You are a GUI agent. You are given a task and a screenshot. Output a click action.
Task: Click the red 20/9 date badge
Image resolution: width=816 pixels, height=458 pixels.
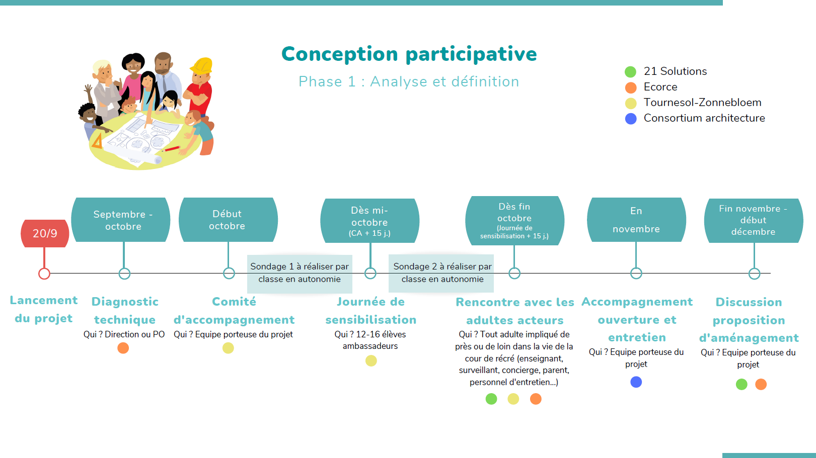(x=45, y=233)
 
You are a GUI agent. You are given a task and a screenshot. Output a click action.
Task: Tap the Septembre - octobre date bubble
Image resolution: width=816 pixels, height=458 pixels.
(x=121, y=220)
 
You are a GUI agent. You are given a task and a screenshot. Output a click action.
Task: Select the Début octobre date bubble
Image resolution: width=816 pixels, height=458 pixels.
(x=228, y=220)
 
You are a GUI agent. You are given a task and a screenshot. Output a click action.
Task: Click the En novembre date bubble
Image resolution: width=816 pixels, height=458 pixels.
(x=636, y=220)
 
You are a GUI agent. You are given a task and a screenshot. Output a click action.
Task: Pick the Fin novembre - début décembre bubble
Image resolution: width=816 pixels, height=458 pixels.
(x=754, y=220)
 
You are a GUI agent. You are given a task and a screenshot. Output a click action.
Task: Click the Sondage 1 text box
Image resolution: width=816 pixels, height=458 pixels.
(x=300, y=273)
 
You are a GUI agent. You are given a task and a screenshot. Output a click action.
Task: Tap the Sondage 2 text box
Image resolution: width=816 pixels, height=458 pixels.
(x=441, y=273)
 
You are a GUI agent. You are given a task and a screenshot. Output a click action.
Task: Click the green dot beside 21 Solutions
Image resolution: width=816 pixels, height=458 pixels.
(x=631, y=72)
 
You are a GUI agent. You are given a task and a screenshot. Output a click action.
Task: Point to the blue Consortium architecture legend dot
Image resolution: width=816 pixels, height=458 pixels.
(x=631, y=119)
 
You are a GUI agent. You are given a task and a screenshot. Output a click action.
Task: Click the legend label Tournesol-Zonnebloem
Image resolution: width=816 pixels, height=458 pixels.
(x=702, y=103)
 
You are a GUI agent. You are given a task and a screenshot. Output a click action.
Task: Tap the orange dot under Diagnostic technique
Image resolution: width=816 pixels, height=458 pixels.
(x=123, y=348)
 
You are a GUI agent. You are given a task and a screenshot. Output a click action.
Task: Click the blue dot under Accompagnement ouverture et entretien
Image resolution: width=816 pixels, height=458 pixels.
(x=636, y=382)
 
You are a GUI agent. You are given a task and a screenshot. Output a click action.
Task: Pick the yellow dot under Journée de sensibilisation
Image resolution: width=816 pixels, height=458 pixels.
(x=371, y=361)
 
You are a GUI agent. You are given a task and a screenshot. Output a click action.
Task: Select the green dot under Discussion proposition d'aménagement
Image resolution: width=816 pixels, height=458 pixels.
(x=741, y=384)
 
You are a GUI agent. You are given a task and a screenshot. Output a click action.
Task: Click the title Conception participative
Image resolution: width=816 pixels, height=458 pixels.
(x=409, y=55)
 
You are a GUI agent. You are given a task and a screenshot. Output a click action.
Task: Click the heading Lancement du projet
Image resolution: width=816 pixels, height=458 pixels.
(x=44, y=309)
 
